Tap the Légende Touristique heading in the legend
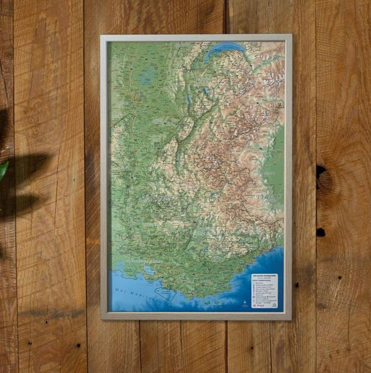[x=265, y=279]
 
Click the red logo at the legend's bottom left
[x=255, y=305]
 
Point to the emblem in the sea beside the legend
[x=244, y=303]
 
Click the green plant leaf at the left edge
[x=3, y=169]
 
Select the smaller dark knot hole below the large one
[x=321, y=232]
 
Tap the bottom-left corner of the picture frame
[x=103, y=318]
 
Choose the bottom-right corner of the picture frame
[x=291, y=318]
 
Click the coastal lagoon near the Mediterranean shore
[x=149, y=271]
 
